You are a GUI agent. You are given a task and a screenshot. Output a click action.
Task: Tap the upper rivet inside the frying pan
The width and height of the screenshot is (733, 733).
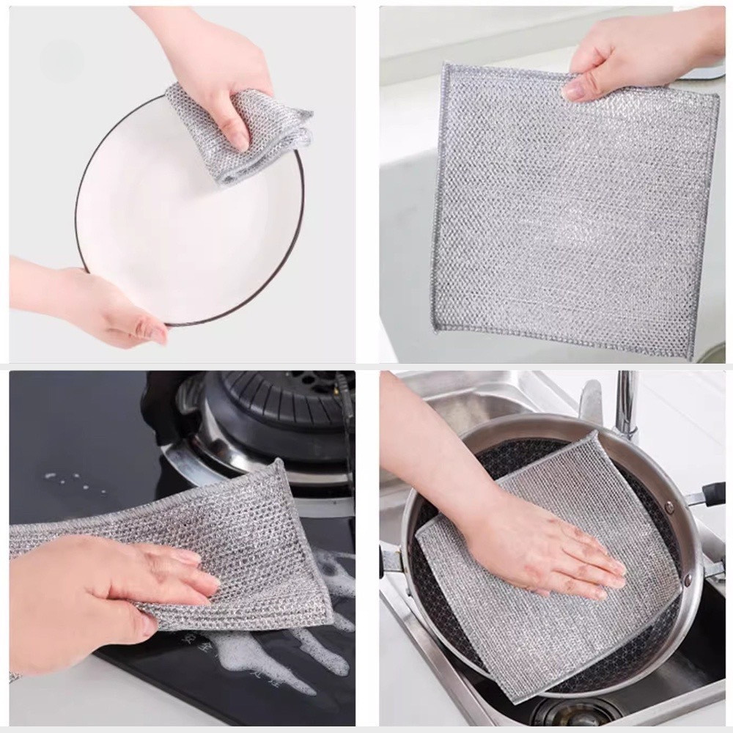(x=668, y=506)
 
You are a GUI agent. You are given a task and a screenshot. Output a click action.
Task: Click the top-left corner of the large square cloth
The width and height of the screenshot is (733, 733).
(x=444, y=66)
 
